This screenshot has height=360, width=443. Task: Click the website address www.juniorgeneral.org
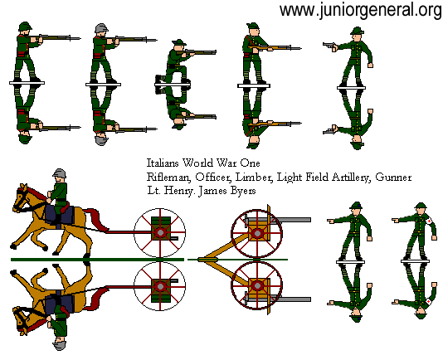click(360, 11)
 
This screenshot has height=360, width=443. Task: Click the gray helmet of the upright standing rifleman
click(101, 30)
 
